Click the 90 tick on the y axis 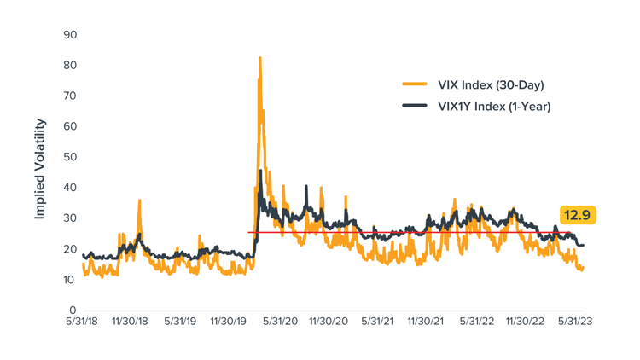tap(71, 35)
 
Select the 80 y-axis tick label tap(71, 66)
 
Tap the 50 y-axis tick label tap(71, 157)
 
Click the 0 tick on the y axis tap(74, 310)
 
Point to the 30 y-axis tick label tap(71, 218)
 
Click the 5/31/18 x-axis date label tap(82, 322)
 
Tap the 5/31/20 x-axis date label tap(280, 322)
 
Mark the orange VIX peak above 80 tap(259, 59)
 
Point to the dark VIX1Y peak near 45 tap(260, 171)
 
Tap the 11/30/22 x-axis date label tap(527, 322)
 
